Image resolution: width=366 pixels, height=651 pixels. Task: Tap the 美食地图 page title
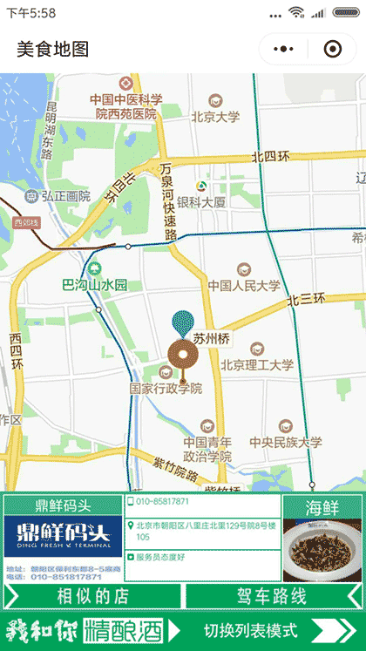(53, 50)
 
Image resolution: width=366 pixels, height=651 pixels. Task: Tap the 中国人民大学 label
(244, 285)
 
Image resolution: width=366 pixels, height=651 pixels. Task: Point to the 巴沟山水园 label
(95, 284)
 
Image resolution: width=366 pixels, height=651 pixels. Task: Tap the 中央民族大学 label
(285, 443)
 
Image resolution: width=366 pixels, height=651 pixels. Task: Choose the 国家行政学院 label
(166, 388)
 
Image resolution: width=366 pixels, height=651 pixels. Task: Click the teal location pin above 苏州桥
(183, 322)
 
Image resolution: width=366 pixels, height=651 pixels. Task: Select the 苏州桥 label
(211, 338)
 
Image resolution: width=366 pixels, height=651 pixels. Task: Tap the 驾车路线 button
(272, 596)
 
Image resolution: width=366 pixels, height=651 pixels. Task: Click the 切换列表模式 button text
(251, 630)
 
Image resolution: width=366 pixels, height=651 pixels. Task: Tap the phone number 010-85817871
(163, 502)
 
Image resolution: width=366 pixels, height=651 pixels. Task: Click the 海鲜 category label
(322, 507)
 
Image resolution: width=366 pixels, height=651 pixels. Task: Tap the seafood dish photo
(322, 549)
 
